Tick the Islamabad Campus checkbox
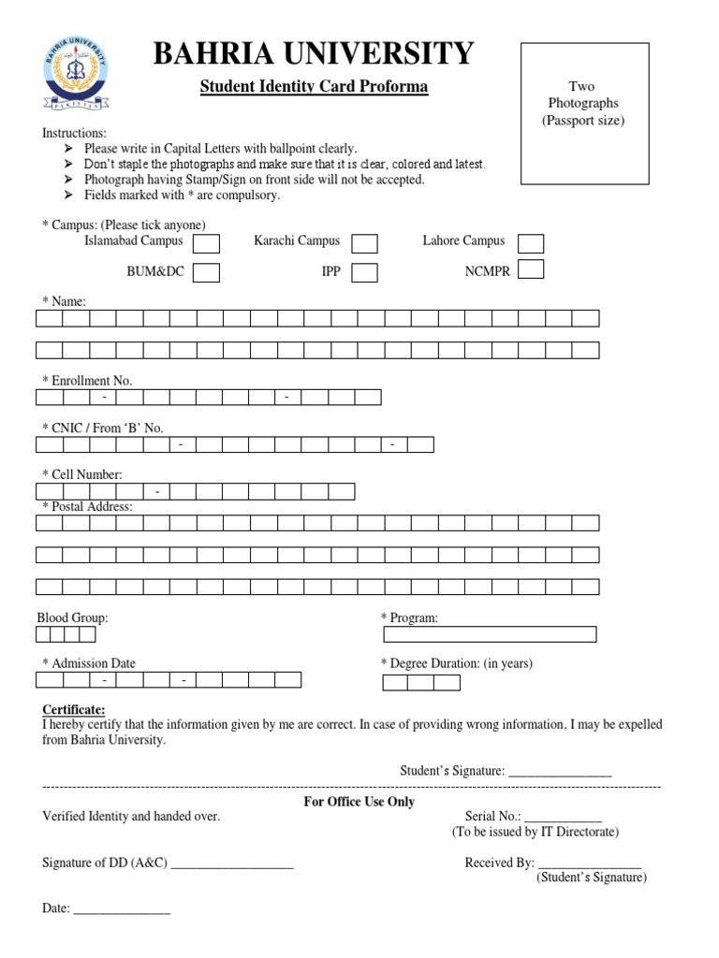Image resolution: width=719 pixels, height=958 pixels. click(x=206, y=244)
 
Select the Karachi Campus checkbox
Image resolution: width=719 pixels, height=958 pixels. click(x=364, y=244)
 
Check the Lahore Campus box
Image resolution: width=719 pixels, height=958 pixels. click(x=531, y=244)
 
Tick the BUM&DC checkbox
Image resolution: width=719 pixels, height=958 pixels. click(x=206, y=273)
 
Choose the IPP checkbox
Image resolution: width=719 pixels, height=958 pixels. click(x=364, y=273)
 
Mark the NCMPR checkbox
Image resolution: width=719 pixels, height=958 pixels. click(x=531, y=270)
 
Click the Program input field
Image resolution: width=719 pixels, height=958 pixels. click(x=490, y=635)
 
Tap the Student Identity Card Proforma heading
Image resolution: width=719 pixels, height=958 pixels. click(x=314, y=87)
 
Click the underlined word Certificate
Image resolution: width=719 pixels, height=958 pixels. click(x=74, y=709)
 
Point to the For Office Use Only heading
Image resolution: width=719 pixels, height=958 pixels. click(x=359, y=802)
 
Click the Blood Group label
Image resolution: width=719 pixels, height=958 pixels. click(x=72, y=618)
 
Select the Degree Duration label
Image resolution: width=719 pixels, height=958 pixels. click(x=457, y=663)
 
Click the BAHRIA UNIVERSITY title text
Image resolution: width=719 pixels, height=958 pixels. click(x=314, y=53)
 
